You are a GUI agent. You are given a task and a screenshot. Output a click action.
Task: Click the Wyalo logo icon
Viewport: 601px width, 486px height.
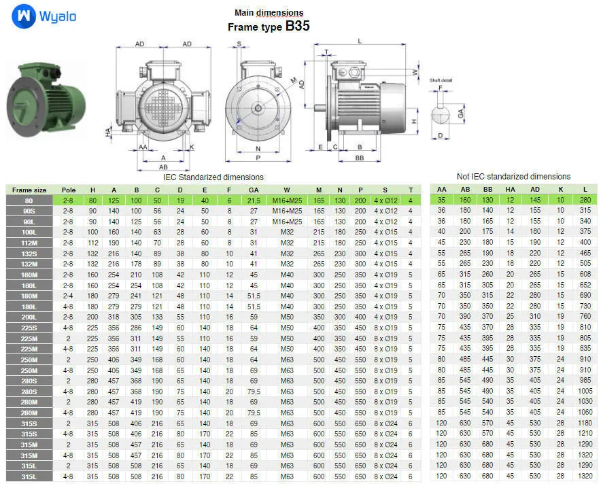24,16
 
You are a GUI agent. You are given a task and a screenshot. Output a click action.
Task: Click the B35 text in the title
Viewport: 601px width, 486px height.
297,26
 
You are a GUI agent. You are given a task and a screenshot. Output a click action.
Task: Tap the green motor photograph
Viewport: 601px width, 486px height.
46,99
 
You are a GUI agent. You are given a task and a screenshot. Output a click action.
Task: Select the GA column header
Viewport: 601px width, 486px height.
254,190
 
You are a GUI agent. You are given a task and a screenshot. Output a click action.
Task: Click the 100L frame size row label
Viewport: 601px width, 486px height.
29,232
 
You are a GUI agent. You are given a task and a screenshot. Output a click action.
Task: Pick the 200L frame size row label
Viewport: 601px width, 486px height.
29,317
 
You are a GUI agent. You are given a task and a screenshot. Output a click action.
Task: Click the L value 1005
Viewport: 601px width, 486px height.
585,391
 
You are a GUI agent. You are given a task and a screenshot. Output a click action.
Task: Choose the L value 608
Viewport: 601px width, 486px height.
585,274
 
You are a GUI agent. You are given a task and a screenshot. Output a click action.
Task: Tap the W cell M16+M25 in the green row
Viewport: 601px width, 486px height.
287,201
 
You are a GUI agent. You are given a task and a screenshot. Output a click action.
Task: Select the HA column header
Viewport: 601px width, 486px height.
510,190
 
